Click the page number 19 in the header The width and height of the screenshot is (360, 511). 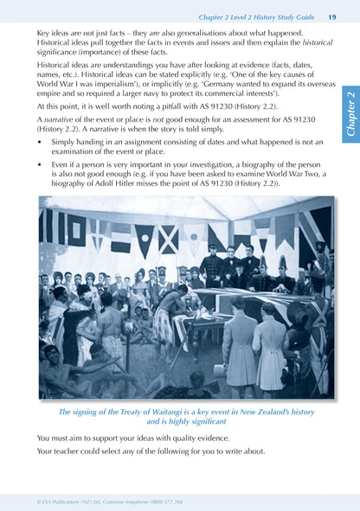coord(332,16)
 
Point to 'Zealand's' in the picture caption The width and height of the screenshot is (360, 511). coord(268,413)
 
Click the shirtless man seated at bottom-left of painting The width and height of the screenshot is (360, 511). coord(65,367)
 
